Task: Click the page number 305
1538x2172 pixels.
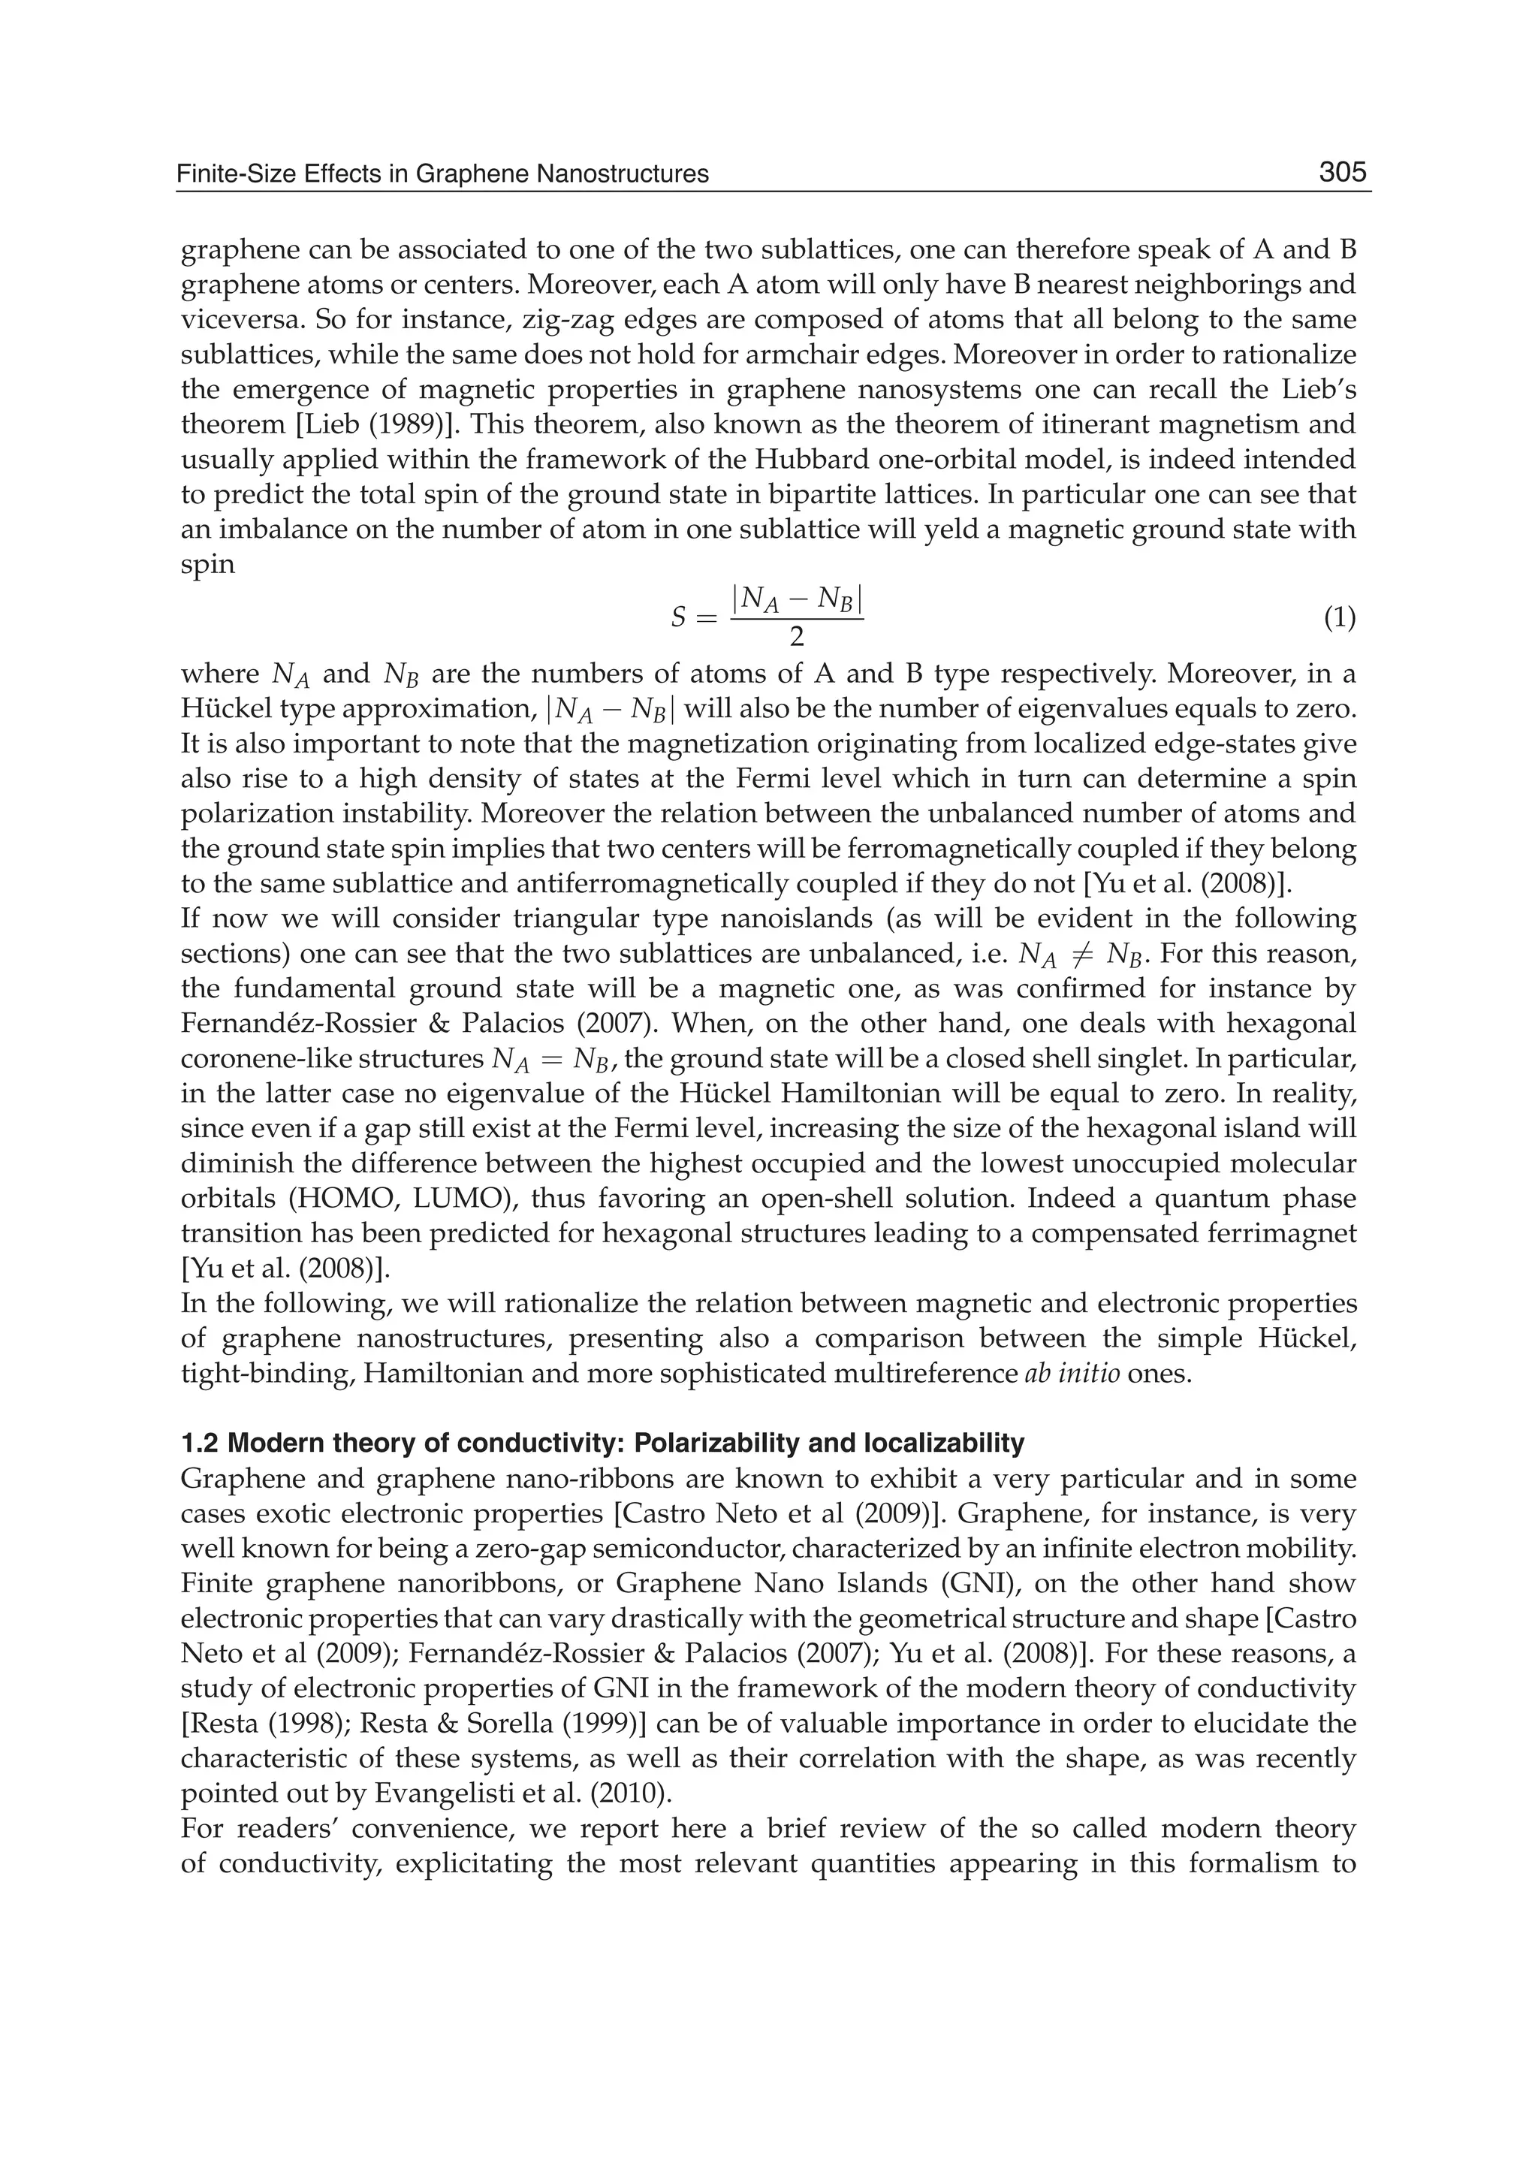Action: (x=1342, y=173)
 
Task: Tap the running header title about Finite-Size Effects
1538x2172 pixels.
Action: (x=443, y=174)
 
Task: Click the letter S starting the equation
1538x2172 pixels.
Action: (x=678, y=620)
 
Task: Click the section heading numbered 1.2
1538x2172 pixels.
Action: (x=602, y=1443)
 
